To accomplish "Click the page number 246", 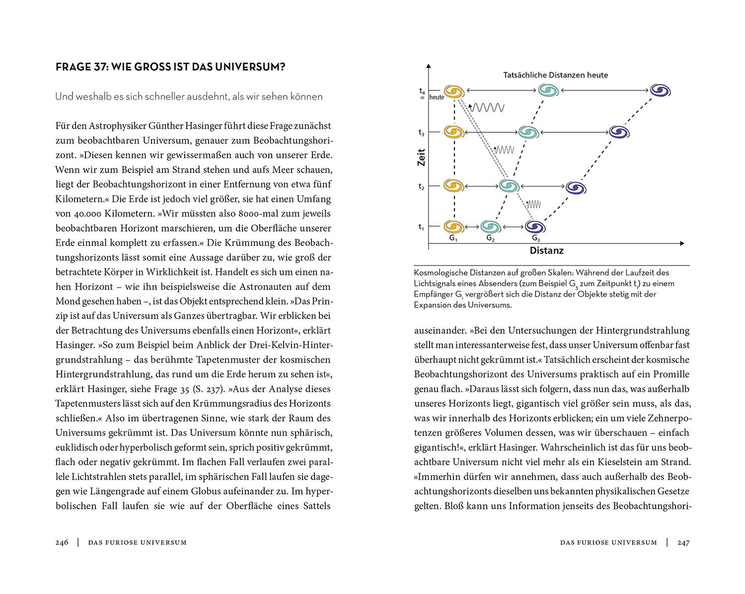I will (x=62, y=542).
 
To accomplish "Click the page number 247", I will (x=683, y=542).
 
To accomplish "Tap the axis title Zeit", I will (x=421, y=157).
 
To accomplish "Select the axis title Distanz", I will (x=546, y=251).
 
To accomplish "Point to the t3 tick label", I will (x=421, y=132).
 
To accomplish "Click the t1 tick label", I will (x=421, y=227).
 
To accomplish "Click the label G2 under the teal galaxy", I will (x=490, y=238).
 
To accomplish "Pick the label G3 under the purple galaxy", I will (x=535, y=238).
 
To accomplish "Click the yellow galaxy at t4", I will (x=453, y=91).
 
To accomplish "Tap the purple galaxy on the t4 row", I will (x=660, y=90).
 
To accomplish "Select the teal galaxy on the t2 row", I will (x=509, y=186).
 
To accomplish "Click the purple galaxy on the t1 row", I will (x=535, y=227).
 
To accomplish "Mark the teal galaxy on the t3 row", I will (x=528, y=132).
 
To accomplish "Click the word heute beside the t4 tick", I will (x=437, y=97).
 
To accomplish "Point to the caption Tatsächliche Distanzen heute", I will (x=555, y=75).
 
